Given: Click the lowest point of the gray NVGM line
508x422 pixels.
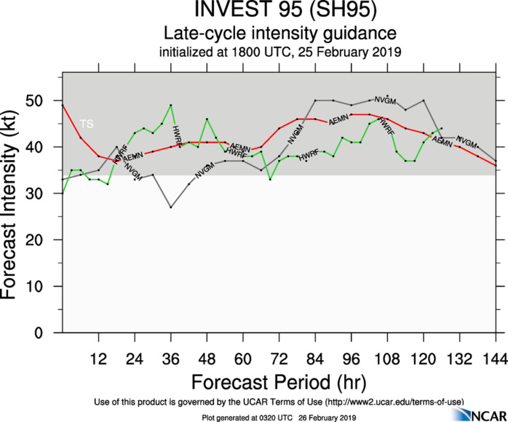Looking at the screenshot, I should pos(171,207).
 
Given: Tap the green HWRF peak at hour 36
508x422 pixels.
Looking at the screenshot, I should pos(171,105).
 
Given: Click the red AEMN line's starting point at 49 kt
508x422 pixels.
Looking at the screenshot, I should pos(63,105).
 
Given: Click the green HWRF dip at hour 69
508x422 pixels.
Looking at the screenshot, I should pos(270,179).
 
